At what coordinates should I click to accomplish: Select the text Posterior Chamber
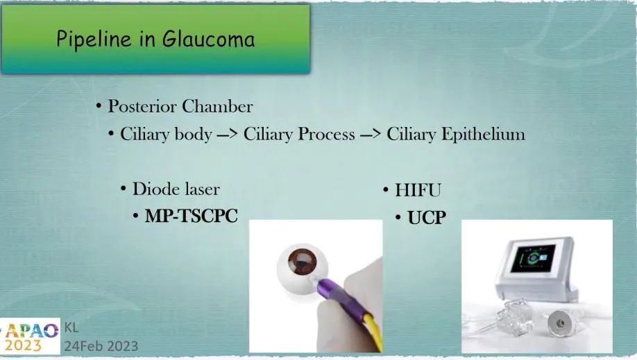[180, 107]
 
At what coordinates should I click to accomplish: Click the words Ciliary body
[166, 134]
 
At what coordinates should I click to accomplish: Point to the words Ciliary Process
[299, 134]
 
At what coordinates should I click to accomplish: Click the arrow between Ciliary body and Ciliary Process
[228, 135]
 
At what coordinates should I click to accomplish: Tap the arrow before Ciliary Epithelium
[371, 135]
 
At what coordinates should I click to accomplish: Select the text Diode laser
[176, 189]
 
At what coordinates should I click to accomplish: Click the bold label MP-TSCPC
[191, 216]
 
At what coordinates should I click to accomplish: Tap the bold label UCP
[426, 218]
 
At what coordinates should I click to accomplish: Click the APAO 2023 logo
[31, 336]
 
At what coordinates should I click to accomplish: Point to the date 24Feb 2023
[101, 345]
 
